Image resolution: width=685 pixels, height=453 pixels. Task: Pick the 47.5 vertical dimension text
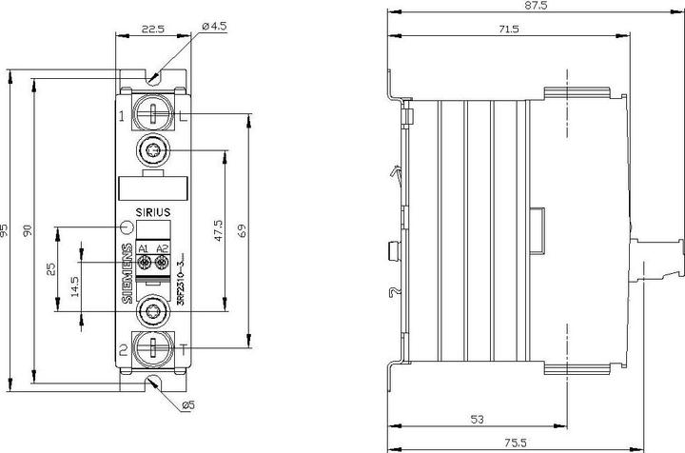coord(218,230)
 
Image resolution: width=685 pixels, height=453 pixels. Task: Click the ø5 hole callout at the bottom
coord(189,406)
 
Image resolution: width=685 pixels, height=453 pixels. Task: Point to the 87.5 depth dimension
coord(536,7)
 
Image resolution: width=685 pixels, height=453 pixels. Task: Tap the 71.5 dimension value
coord(508,30)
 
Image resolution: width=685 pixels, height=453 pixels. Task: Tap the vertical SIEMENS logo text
coord(129,274)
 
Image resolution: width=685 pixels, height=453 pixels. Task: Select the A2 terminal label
coord(162,248)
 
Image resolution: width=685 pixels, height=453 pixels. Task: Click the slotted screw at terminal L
coord(153,113)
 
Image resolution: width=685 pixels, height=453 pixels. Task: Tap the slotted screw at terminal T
coord(153,350)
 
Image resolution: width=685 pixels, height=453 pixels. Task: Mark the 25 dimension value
coord(50,271)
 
